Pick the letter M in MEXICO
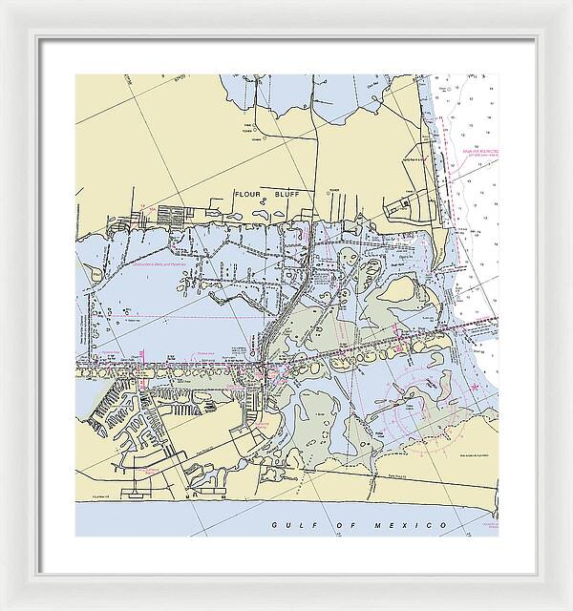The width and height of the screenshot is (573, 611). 378,527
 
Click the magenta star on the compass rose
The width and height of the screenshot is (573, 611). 476,386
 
